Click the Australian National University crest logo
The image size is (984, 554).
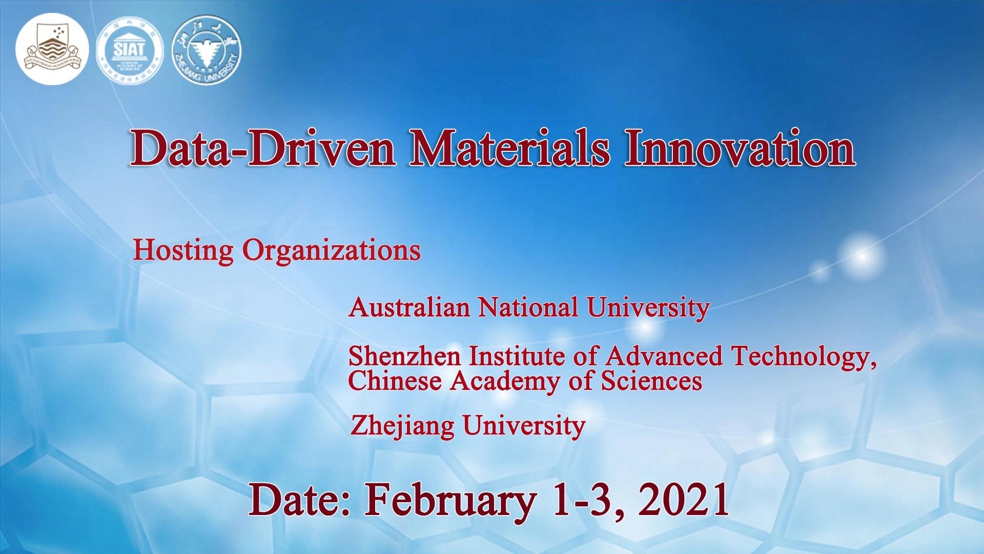(x=52, y=49)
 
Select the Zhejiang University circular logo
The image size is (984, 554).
(x=207, y=49)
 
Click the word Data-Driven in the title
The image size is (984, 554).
(x=262, y=149)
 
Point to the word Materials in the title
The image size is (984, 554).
(x=510, y=149)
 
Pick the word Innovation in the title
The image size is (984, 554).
(x=740, y=149)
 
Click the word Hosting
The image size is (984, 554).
(x=183, y=250)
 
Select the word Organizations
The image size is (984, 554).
(x=331, y=250)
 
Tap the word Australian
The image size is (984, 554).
(x=409, y=307)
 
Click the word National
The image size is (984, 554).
(x=528, y=307)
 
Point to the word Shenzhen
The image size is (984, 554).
(x=404, y=357)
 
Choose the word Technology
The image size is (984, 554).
(x=803, y=357)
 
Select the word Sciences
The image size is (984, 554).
(x=651, y=381)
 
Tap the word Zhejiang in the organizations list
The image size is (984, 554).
(x=402, y=426)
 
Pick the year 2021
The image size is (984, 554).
(x=684, y=500)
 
